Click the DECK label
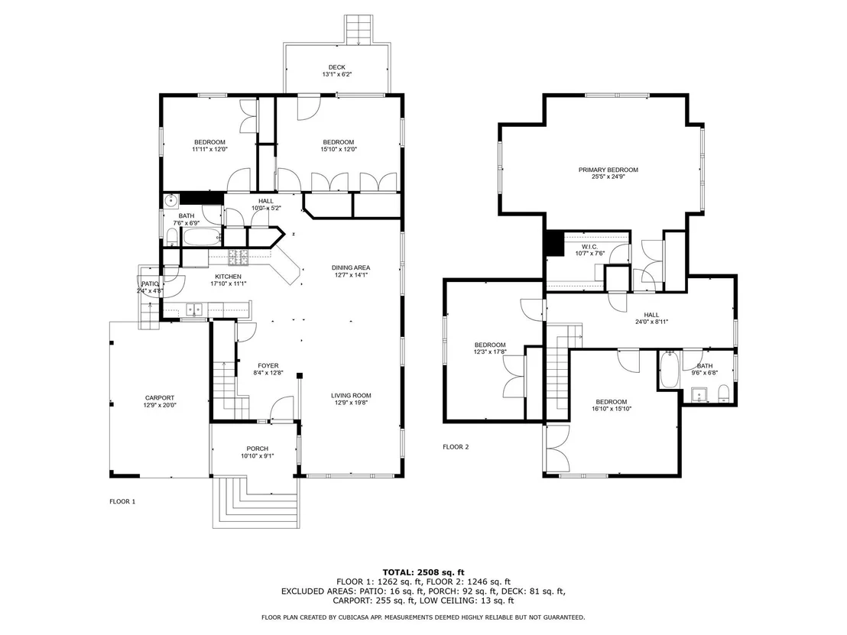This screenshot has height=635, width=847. pos(336,67)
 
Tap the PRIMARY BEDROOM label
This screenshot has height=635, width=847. pos(608,170)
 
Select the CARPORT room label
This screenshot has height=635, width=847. pos(159,398)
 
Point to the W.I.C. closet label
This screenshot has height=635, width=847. pos(589,247)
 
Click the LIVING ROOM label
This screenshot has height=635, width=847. pos(351,396)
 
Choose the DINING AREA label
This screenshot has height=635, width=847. pos(351,267)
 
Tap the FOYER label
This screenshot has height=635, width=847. pos(268,366)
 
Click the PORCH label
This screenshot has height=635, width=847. pos(257,449)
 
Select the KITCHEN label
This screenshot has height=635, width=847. pos(228,277)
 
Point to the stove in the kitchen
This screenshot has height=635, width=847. pos(238,258)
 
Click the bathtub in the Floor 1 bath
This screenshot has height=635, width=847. pos(202,237)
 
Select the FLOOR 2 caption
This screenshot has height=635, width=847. pos(456,447)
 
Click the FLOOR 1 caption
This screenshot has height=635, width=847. pos(122,501)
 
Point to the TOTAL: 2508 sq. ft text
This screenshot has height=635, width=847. pos(423,572)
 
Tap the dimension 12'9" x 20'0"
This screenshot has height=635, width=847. pos(160,405)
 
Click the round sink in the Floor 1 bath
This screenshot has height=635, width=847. pos(171,202)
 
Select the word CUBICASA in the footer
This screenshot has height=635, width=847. pos(356,617)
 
